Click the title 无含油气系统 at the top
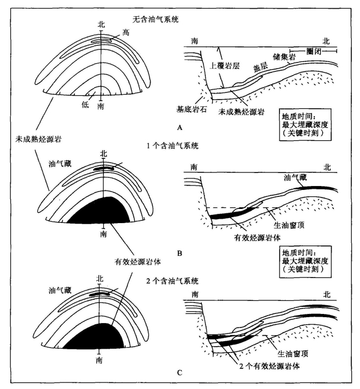coord(156,20)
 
